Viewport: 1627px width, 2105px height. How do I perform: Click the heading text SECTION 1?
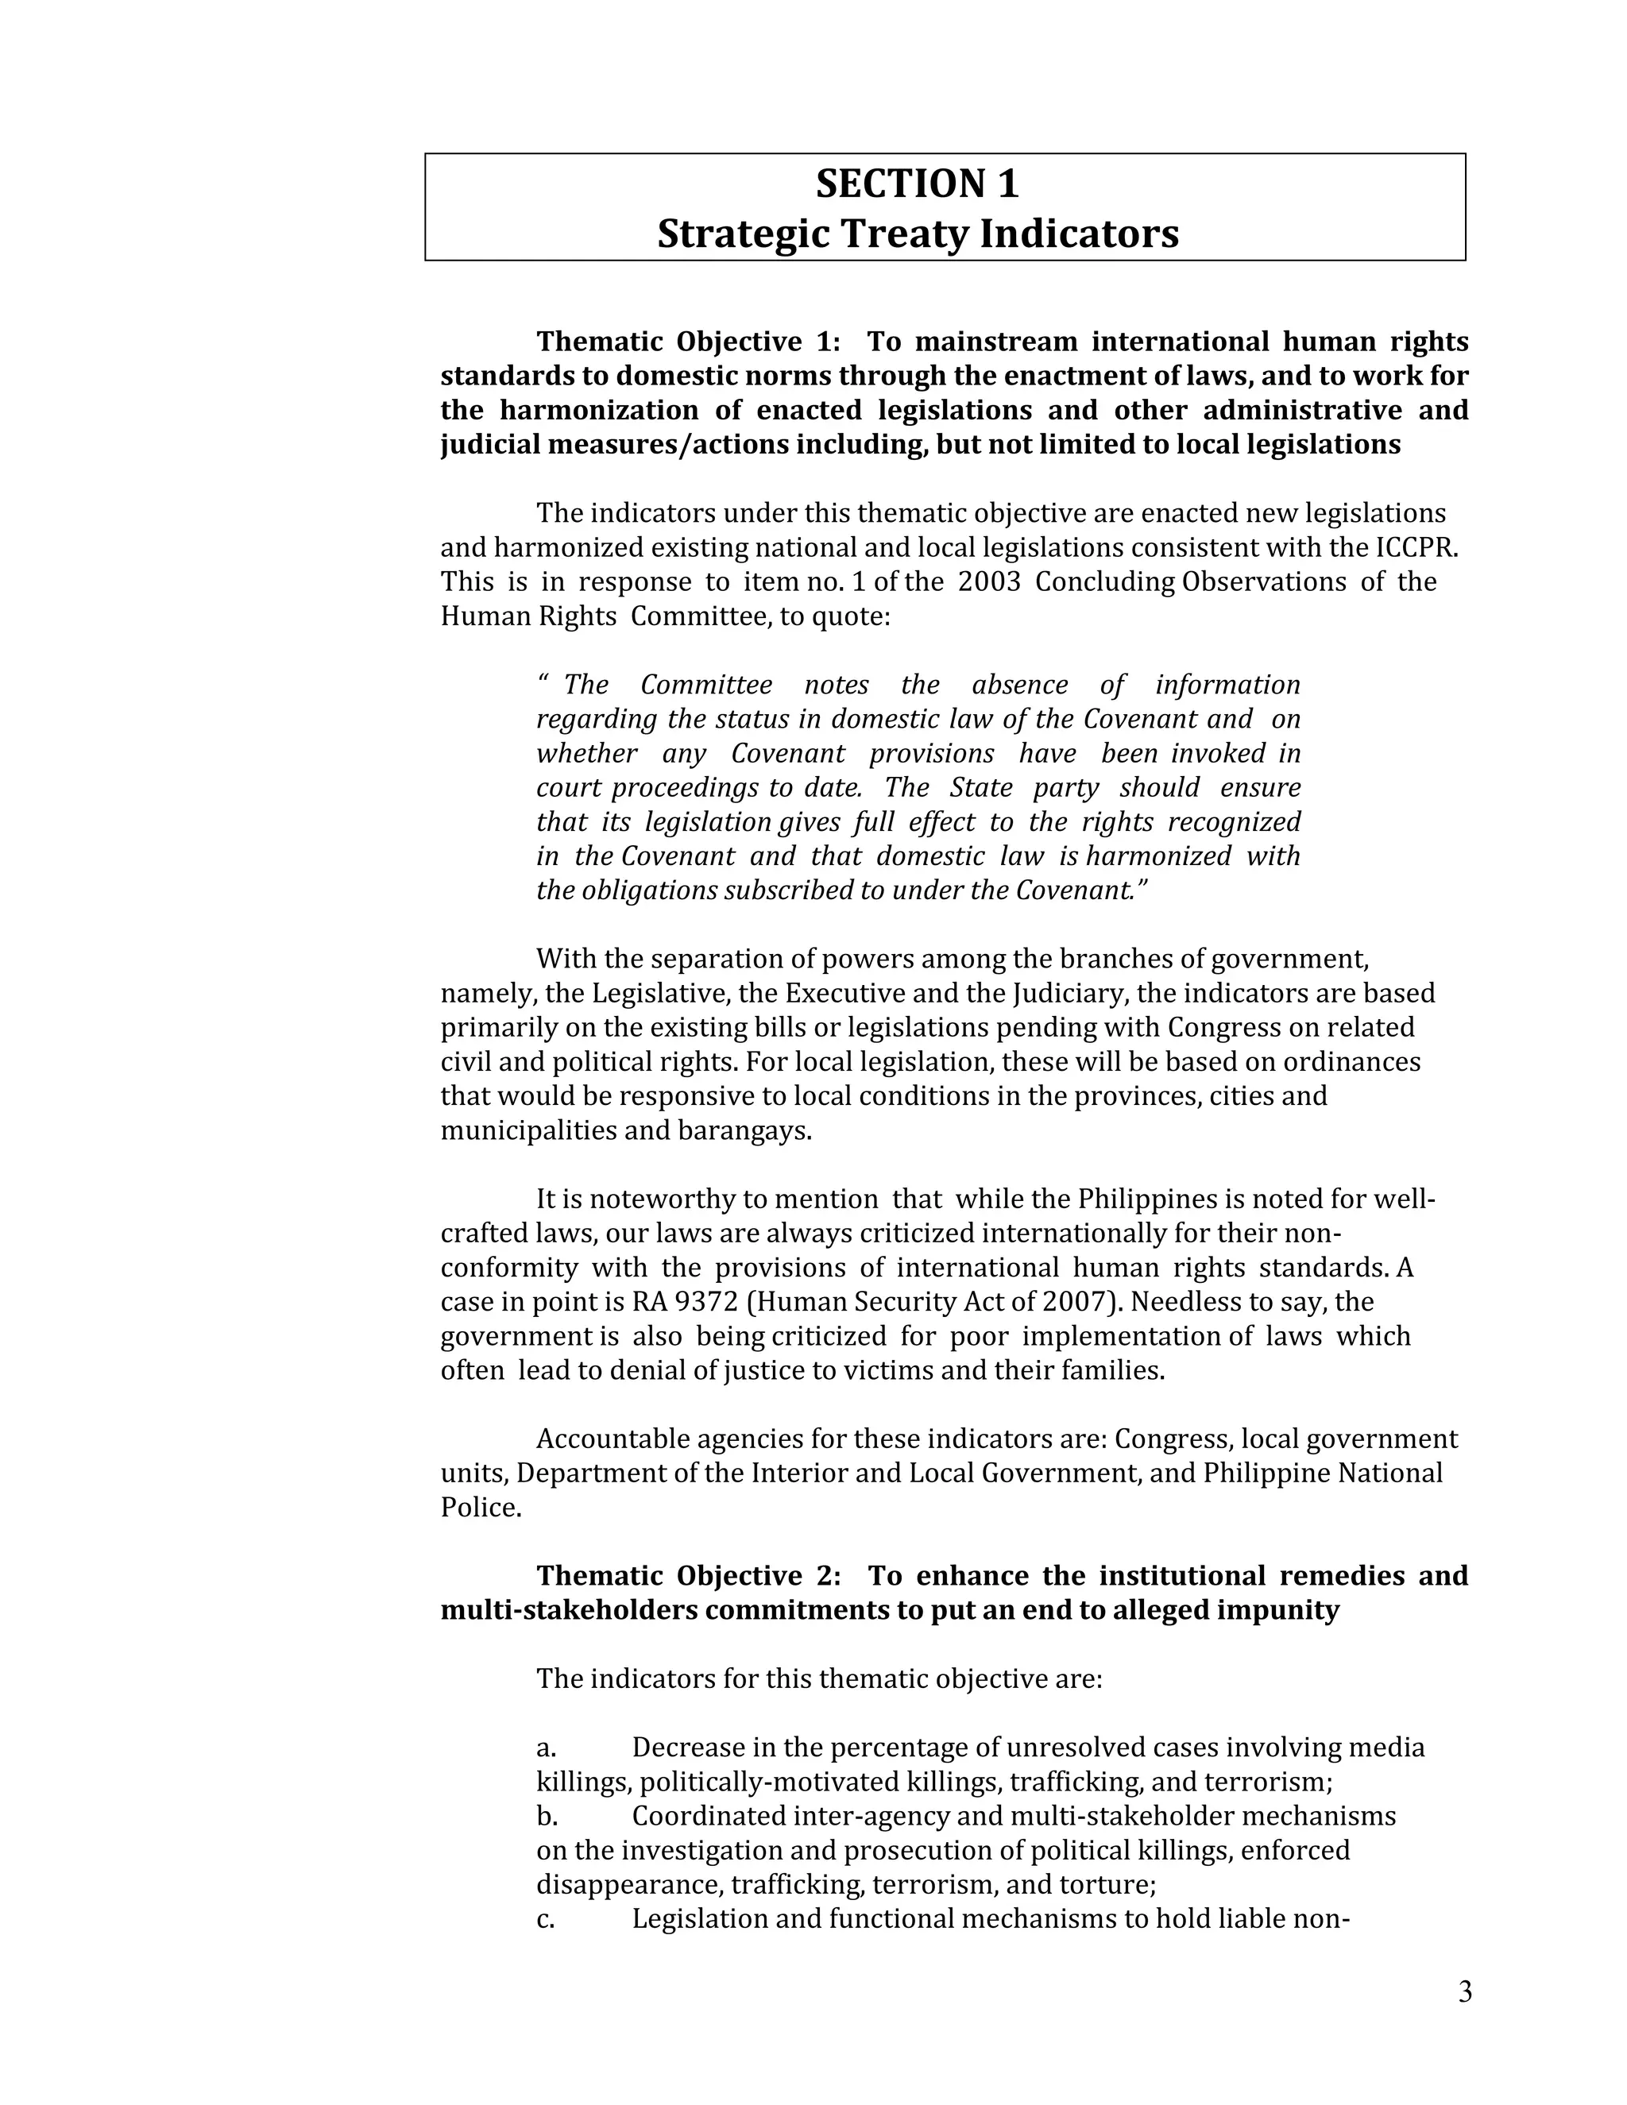917,184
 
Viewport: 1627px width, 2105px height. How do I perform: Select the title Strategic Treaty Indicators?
917,234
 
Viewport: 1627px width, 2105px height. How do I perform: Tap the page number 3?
1464,1992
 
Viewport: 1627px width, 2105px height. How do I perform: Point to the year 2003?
989,582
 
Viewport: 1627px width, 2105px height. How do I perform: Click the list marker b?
547,1817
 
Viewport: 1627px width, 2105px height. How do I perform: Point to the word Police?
480,1508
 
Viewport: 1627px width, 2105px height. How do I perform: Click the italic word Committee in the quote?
706,686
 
